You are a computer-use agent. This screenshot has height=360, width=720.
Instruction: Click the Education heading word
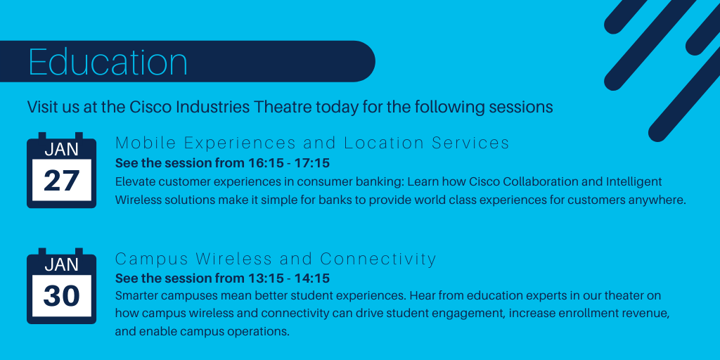point(108,62)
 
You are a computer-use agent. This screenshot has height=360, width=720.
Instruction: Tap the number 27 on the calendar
point(62,181)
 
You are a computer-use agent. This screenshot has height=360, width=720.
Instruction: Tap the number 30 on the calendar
point(62,296)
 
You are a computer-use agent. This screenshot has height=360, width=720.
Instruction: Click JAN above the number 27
point(62,150)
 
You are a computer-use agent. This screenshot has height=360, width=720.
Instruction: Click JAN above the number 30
point(62,265)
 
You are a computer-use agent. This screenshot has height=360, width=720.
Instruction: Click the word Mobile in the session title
point(146,143)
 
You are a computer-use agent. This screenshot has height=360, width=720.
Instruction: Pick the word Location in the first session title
point(384,143)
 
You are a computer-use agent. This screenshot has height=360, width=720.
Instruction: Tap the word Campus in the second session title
point(152,259)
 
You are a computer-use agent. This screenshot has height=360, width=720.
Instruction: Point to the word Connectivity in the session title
point(378,259)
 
